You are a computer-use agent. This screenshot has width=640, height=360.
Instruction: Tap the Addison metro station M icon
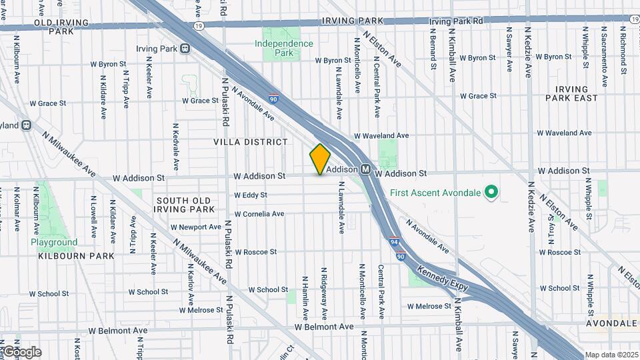(366, 169)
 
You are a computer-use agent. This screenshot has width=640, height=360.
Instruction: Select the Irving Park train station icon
(185, 48)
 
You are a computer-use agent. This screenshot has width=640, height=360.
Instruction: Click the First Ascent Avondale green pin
(492, 193)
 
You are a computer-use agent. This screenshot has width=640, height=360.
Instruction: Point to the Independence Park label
(284, 48)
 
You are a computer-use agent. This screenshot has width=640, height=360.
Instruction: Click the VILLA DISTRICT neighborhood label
(251, 142)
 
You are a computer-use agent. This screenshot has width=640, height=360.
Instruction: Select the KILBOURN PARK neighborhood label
(76, 256)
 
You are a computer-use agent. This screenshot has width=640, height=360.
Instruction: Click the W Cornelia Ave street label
(259, 214)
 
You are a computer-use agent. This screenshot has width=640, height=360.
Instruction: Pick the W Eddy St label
(251, 195)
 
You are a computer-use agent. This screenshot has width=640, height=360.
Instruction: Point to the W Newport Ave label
(195, 227)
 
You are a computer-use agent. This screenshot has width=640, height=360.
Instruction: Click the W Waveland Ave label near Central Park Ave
(381, 135)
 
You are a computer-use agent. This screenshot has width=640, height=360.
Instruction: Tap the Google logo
(21, 352)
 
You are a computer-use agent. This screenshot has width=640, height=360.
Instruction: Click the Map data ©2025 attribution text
(611, 355)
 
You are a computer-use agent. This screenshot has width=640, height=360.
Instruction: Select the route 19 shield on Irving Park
(199, 25)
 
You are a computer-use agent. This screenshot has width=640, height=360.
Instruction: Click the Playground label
(54, 242)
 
